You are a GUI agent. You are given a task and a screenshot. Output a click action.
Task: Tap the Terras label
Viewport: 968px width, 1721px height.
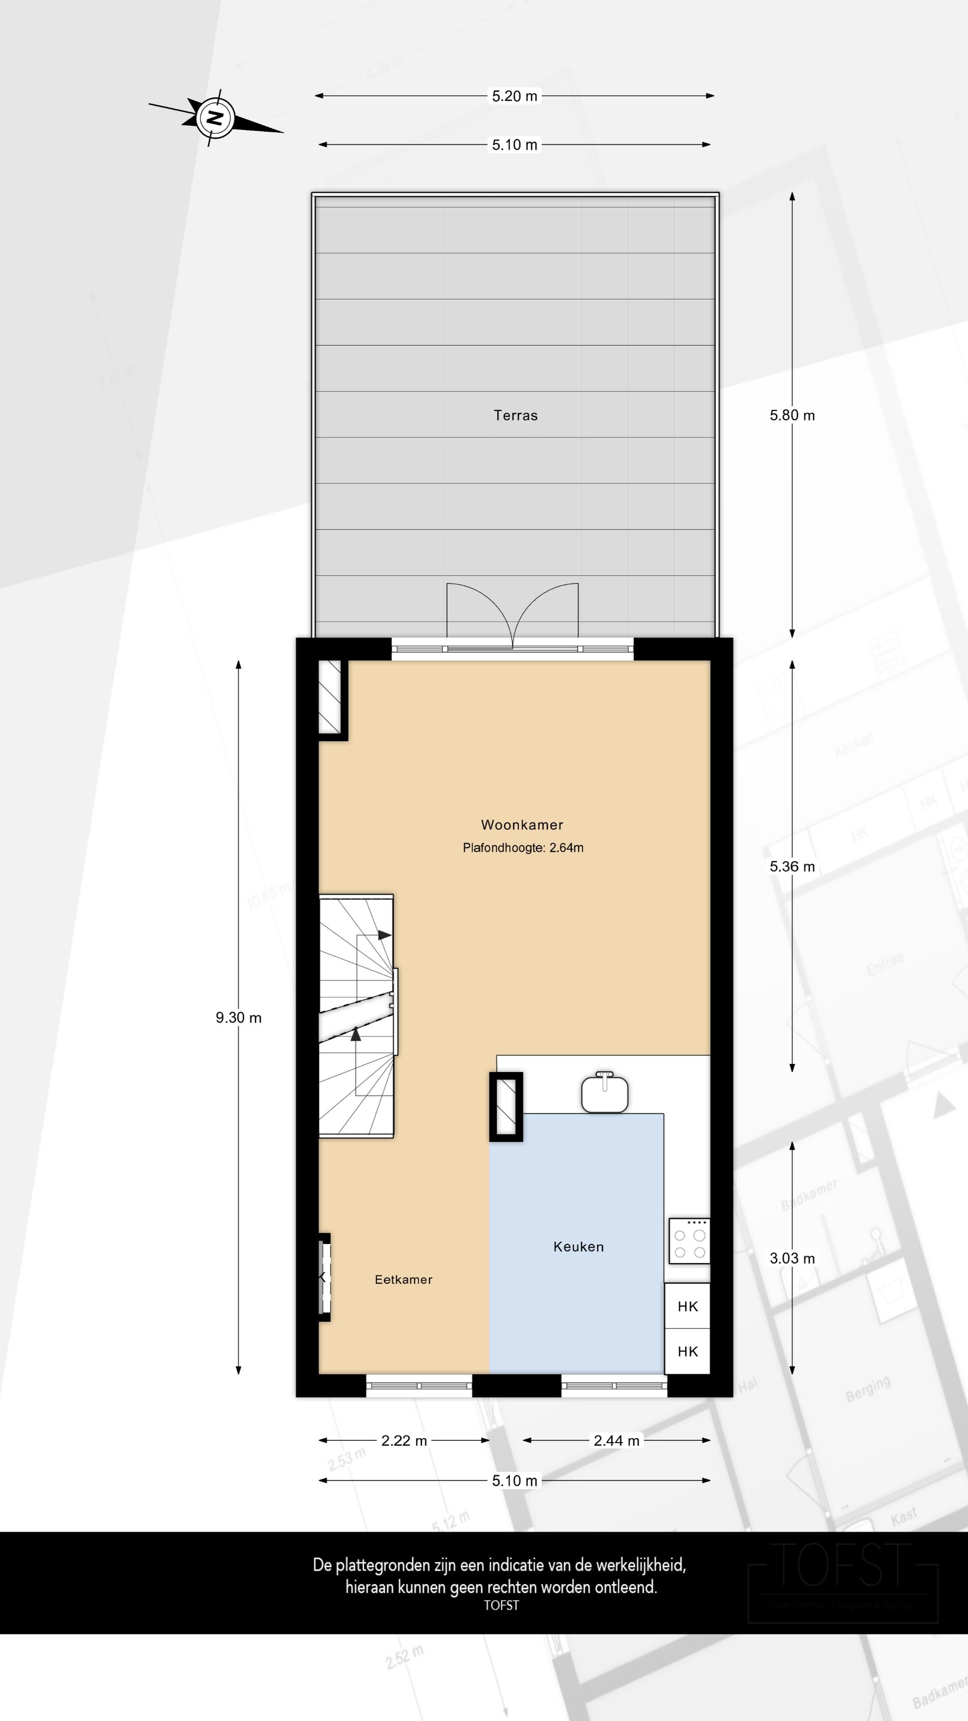515,415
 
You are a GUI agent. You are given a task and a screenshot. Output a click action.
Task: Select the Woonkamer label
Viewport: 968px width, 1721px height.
522,825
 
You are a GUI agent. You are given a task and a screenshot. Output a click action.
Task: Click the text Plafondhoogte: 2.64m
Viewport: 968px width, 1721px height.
523,848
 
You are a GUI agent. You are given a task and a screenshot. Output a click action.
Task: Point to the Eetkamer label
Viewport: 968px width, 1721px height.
403,1280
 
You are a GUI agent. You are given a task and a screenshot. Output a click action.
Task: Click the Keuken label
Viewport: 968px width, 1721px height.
578,1247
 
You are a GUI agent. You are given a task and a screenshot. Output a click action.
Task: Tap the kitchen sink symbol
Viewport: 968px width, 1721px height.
605,1093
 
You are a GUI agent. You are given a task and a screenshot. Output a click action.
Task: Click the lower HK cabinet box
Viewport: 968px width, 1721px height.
687,1352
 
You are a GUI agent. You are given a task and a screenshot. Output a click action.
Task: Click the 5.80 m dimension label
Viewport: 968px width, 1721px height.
791,415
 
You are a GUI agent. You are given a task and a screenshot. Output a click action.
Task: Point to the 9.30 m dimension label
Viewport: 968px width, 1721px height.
238,1017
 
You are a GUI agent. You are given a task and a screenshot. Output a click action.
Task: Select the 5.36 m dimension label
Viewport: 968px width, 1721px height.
791,866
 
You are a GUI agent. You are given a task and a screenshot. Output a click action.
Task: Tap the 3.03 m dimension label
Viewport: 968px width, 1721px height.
791,1258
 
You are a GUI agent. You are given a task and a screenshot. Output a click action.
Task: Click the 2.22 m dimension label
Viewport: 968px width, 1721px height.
403,1440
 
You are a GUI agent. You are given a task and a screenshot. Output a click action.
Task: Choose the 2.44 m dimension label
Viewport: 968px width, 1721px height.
616,1440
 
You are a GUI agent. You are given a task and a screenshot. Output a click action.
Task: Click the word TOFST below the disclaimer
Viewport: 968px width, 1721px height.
501,1605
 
